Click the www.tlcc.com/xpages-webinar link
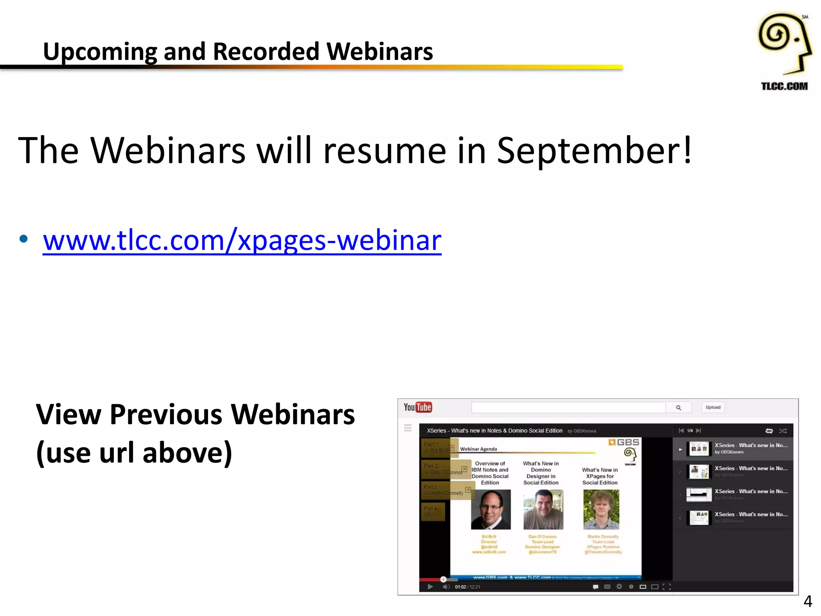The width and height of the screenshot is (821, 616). click(242, 241)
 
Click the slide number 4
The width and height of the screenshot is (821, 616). click(808, 601)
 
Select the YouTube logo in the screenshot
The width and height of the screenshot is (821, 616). click(417, 407)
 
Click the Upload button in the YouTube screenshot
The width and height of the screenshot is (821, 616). click(713, 407)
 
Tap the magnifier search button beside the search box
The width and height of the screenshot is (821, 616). click(678, 407)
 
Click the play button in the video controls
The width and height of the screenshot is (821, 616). click(430, 587)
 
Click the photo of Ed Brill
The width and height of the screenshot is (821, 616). click(491, 509)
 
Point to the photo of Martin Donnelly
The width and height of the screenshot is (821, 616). click(601, 509)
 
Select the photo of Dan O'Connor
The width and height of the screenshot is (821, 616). click(543, 509)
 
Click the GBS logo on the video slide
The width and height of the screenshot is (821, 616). click(623, 442)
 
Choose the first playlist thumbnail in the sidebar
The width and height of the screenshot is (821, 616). click(699, 449)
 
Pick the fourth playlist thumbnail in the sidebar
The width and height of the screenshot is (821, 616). click(699, 518)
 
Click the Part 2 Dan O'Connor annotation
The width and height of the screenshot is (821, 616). click(445, 469)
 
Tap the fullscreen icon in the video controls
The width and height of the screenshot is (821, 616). click(667, 587)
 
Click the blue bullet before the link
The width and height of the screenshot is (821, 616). click(24, 239)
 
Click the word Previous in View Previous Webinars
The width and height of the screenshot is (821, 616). click(166, 415)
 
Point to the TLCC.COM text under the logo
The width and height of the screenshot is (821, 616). click(784, 86)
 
